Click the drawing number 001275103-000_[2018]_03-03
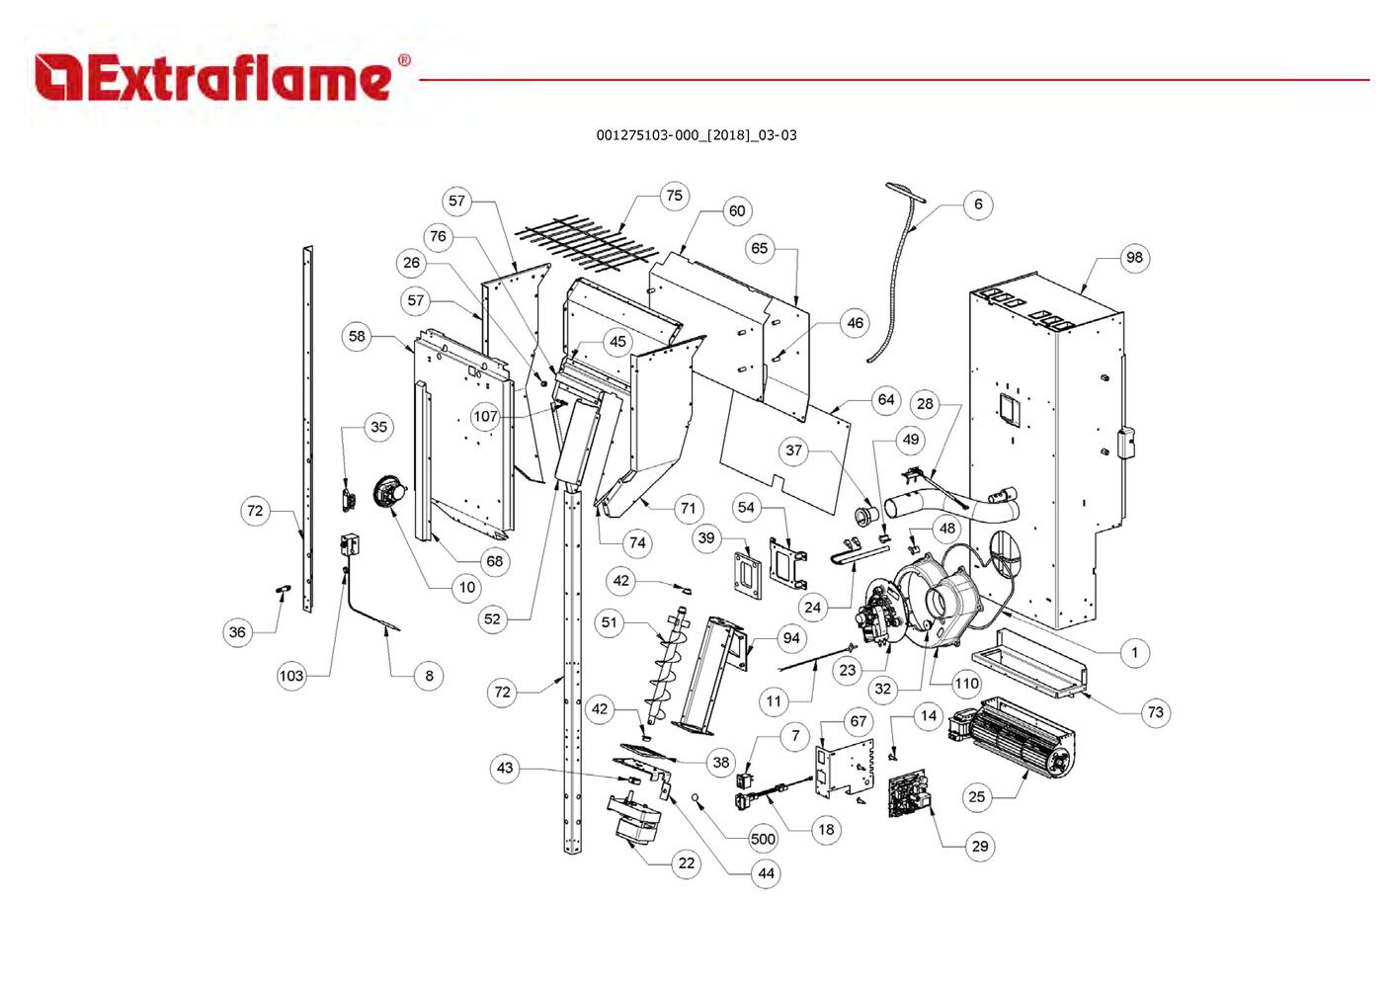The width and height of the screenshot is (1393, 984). pyautogui.click(x=696, y=135)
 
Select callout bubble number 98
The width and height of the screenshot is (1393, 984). pyautogui.click(x=1134, y=258)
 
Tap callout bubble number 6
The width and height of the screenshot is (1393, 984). pyautogui.click(x=978, y=205)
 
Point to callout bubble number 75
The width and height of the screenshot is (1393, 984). pyautogui.click(x=674, y=196)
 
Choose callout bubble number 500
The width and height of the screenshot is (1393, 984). pyautogui.click(x=763, y=839)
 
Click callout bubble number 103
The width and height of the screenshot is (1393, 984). pyautogui.click(x=291, y=676)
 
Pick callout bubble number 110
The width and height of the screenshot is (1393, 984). pyautogui.click(x=966, y=683)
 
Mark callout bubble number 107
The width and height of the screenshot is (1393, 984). pyautogui.click(x=485, y=416)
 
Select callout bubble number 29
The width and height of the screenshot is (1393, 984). pyautogui.click(x=979, y=846)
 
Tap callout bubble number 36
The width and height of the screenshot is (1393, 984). pyautogui.click(x=237, y=632)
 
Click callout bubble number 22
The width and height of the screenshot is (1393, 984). pyautogui.click(x=686, y=862)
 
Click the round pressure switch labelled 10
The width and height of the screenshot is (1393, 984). pyautogui.click(x=390, y=491)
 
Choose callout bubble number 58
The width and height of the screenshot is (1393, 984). pyautogui.click(x=357, y=336)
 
